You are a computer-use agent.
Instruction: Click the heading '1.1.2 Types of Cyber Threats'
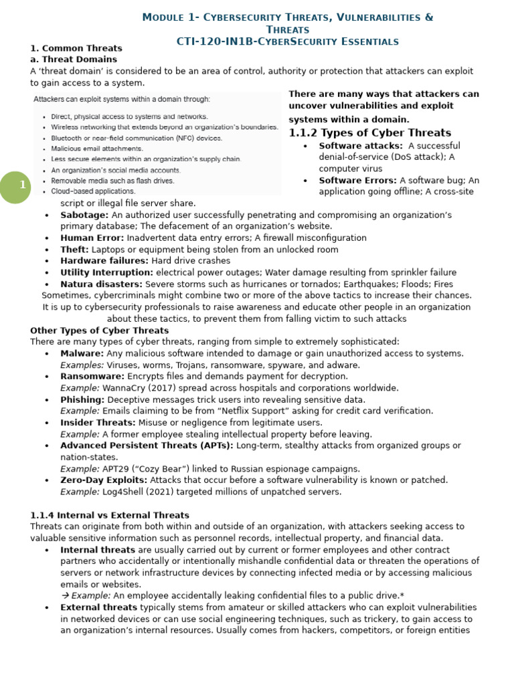(369, 132)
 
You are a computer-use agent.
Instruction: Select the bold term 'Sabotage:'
(84, 215)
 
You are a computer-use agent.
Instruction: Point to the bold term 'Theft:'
(74, 250)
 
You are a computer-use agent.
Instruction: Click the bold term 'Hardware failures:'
(104, 261)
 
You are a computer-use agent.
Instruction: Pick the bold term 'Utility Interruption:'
(106, 272)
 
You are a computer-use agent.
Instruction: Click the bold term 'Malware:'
(82, 354)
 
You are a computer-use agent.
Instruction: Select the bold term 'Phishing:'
(82, 400)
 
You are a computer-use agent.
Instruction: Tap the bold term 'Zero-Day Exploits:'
(104, 480)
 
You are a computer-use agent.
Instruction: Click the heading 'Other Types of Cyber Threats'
(99, 330)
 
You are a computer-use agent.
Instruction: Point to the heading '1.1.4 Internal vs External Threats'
(110, 515)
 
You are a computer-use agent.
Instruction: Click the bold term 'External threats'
(98, 607)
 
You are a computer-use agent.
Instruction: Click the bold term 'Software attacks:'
(361, 146)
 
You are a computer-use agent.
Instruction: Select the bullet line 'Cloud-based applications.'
(93, 191)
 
